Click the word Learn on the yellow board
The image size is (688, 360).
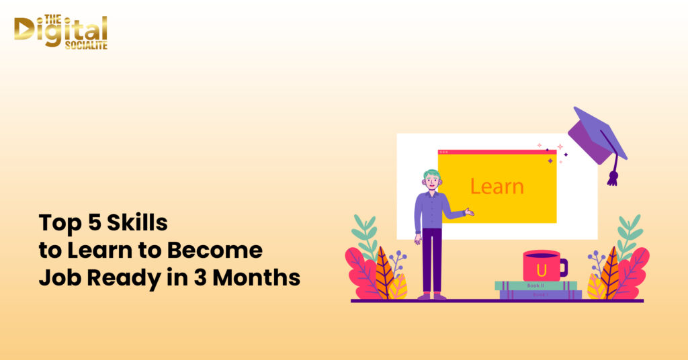click(x=497, y=186)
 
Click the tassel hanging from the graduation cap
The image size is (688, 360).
click(x=612, y=176)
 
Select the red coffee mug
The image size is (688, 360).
click(x=542, y=266)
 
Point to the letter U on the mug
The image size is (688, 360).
click(x=541, y=269)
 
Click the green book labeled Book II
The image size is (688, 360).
click(x=535, y=285)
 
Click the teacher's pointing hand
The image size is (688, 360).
click(x=469, y=212)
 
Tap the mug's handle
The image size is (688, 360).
click(x=563, y=267)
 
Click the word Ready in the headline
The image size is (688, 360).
click(x=118, y=278)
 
